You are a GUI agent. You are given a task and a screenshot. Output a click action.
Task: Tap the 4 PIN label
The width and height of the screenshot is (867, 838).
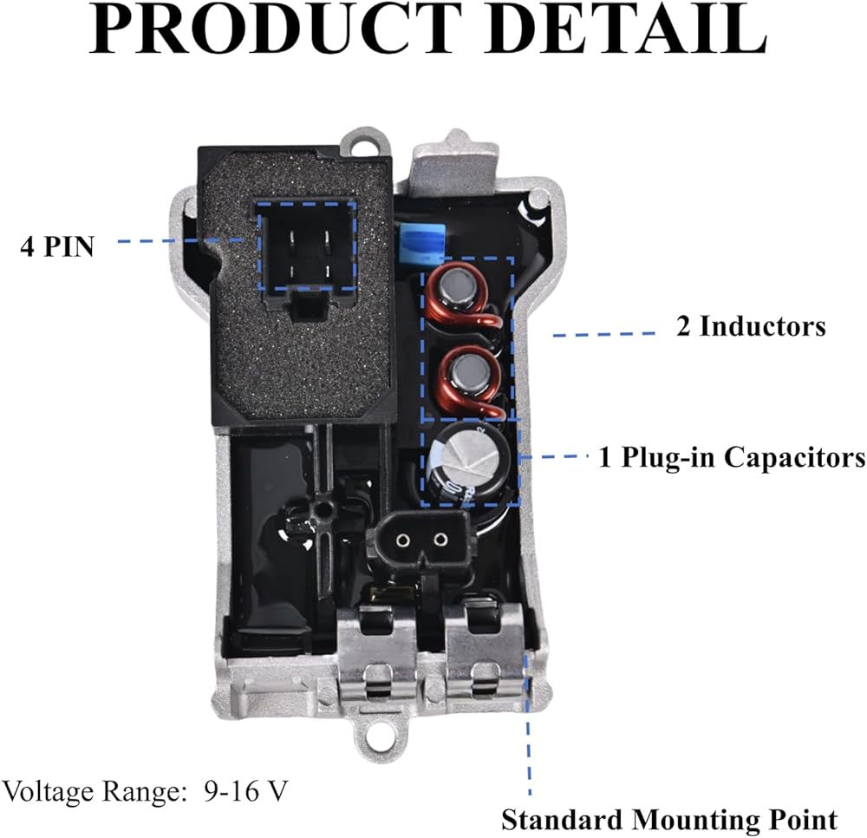tap(57, 246)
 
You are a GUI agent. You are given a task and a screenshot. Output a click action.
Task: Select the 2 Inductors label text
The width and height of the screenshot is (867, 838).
tap(751, 327)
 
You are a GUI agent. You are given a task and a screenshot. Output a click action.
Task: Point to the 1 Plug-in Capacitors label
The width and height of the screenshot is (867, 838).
tap(732, 457)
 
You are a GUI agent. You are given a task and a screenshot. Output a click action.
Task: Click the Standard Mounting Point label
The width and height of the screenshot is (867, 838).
tap(669, 819)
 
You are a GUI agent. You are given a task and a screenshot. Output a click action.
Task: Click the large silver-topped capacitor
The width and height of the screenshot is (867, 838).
tap(467, 461)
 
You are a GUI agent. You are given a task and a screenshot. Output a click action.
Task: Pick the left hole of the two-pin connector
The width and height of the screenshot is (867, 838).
tap(401, 540)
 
